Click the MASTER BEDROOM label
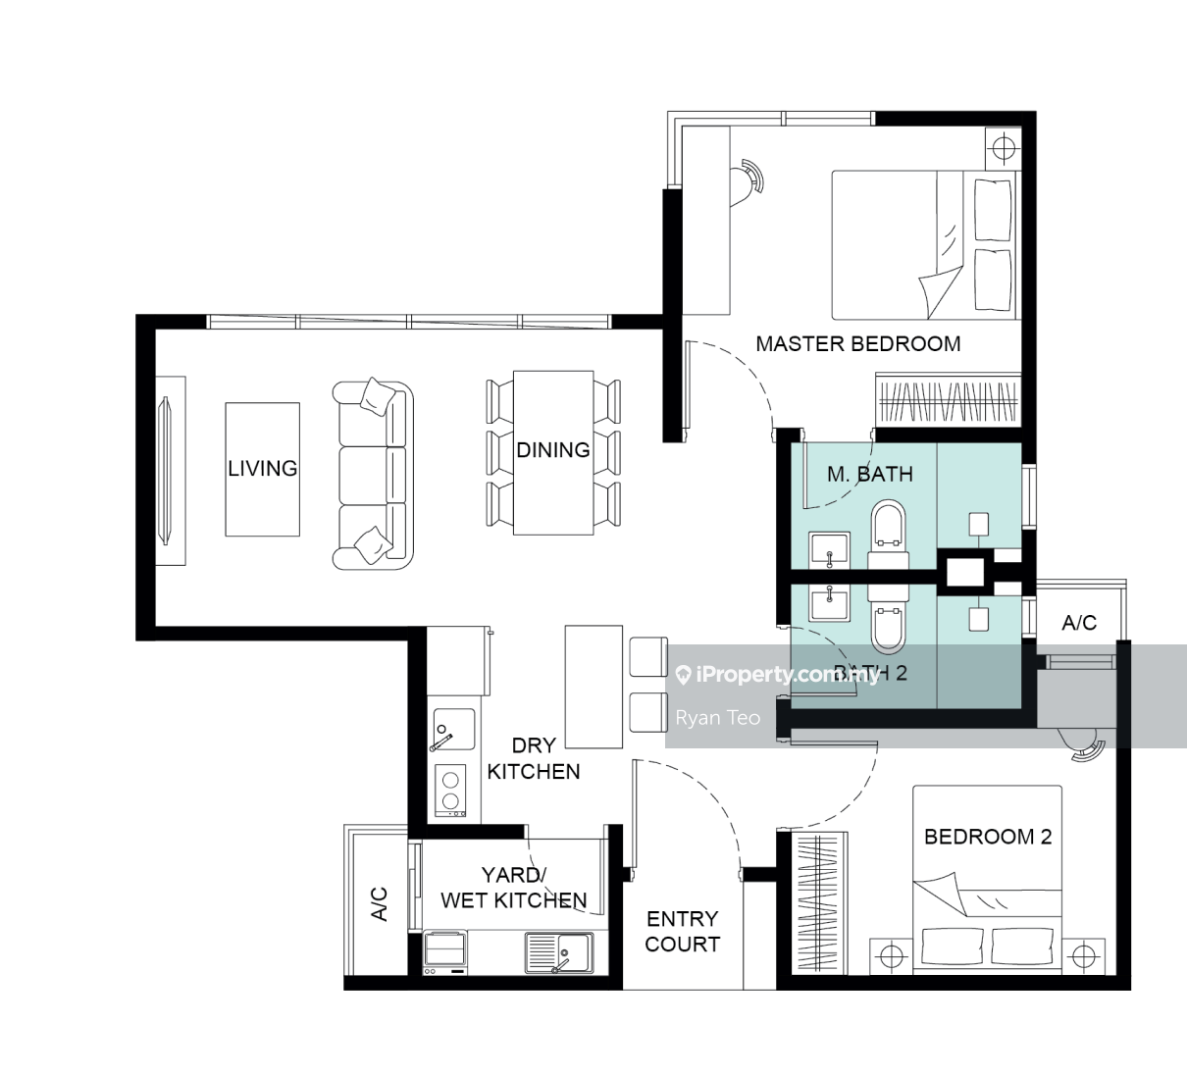(x=858, y=343)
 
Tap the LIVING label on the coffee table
(x=263, y=469)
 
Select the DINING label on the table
(x=553, y=450)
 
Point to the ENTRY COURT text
(x=682, y=931)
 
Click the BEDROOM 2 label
(x=988, y=837)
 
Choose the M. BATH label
(x=870, y=474)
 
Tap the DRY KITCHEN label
(x=533, y=758)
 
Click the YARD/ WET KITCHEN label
(x=514, y=888)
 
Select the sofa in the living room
(x=373, y=475)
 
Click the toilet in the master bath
(x=888, y=536)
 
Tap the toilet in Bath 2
(x=888, y=620)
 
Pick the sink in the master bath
(x=829, y=550)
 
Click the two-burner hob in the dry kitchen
(x=450, y=791)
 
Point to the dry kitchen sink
(x=454, y=730)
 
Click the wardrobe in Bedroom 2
(x=819, y=901)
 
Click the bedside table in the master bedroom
(x=1004, y=147)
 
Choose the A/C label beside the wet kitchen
(x=380, y=904)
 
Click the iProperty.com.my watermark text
(x=788, y=675)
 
